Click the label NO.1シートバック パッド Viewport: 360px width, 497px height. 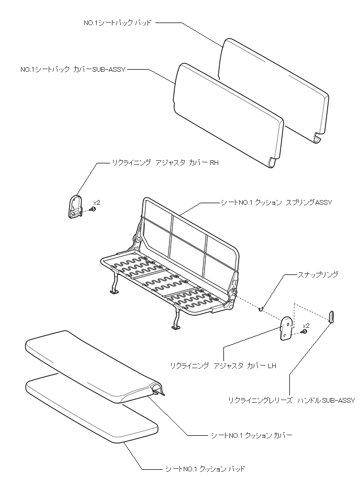pyautogui.click(x=118, y=23)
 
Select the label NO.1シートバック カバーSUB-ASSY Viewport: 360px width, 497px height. pyautogui.click(x=72, y=69)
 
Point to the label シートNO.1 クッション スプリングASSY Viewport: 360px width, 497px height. pyautogui.click(x=276, y=202)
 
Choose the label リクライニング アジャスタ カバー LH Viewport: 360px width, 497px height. pyautogui.click(x=223, y=366)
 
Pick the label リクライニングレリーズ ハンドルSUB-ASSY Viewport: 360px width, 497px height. pyautogui.click(x=291, y=400)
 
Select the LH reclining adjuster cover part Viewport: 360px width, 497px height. pyautogui.click(x=287, y=328)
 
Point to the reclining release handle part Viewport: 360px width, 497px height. pyautogui.click(x=331, y=316)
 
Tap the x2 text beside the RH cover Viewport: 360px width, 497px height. pyautogui.click(x=97, y=202)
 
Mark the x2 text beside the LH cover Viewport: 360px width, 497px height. pyautogui.click(x=306, y=325)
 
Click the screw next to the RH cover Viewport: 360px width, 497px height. pyautogui.click(x=93, y=209)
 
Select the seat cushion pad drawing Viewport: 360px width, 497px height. pyautogui.click(x=92, y=414)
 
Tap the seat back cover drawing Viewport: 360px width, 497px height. pyautogui.click(x=228, y=115)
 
